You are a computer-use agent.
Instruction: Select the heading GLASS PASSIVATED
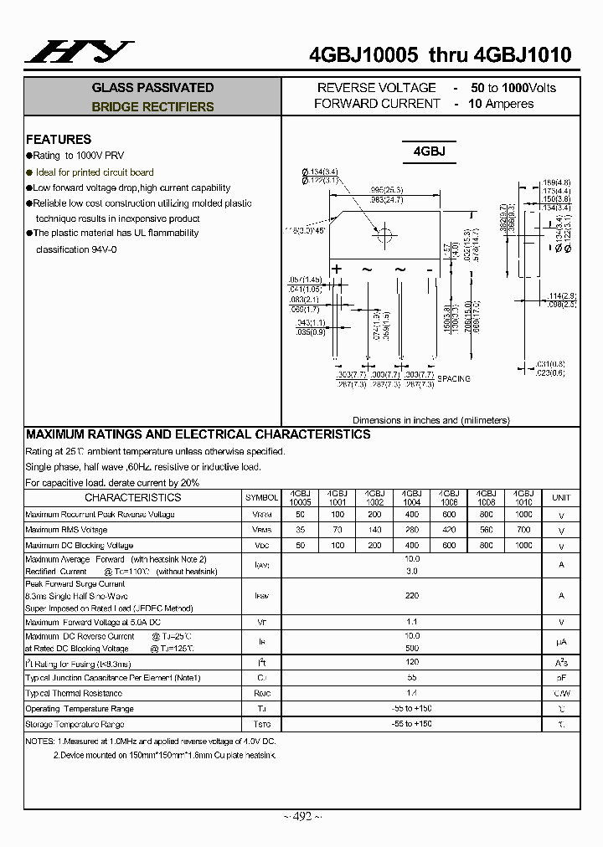[152, 88]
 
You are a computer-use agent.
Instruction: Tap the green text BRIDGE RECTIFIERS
[152, 107]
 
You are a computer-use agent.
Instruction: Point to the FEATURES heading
[59, 140]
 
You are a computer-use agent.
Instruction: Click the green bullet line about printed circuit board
[94, 172]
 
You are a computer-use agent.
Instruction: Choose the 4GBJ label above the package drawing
[429, 151]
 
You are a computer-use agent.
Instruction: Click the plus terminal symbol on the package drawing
[338, 269]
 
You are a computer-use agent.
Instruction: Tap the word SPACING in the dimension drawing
[454, 379]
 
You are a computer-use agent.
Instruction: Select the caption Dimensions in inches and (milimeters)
[430, 420]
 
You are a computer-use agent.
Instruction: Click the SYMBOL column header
[262, 498]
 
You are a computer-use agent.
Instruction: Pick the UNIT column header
[560, 498]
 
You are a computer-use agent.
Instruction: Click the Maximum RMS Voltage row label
[67, 530]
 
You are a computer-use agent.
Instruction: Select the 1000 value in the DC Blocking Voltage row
[523, 545]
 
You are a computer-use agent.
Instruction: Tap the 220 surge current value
[411, 596]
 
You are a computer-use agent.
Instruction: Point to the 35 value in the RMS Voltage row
[300, 530]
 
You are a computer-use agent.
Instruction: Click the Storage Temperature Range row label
[75, 724]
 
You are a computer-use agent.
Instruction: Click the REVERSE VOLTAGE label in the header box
[376, 88]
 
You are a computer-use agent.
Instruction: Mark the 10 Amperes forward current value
[501, 104]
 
